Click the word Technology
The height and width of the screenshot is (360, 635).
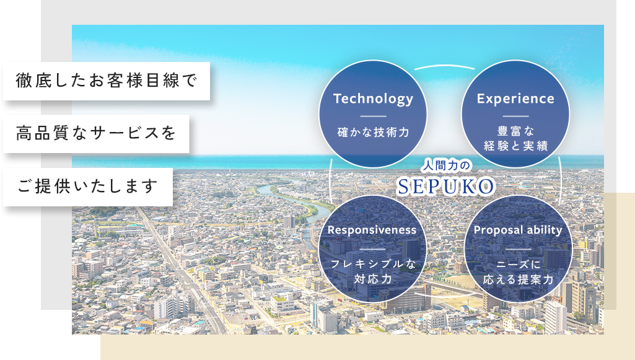click(x=373, y=99)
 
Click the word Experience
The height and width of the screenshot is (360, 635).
click(x=515, y=99)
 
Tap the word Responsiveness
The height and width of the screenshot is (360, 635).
click(x=372, y=230)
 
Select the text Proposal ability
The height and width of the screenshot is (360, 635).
click(x=518, y=230)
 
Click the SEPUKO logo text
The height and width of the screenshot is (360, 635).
click(x=446, y=187)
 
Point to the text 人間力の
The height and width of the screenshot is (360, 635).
click(x=445, y=165)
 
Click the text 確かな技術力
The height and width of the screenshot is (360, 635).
click(x=373, y=133)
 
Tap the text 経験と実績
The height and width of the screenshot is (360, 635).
click(x=515, y=146)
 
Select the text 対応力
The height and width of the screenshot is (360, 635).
click(x=372, y=279)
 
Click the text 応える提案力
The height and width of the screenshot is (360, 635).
click(x=518, y=279)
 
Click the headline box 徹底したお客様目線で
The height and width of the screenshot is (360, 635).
click(x=107, y=81)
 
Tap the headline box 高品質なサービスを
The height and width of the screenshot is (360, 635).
click(x=97, y=134)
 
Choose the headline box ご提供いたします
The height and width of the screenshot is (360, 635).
click(x=88, y=187)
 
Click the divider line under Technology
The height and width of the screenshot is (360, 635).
click(x=373, y=116)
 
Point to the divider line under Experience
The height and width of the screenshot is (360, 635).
click(x=515, y=116)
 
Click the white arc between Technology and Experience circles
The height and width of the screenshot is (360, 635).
click(x=444, y=66)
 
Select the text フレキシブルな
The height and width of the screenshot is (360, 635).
click(x=373, y=265)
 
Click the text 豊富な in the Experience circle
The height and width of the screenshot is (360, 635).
click(x=515, y=131)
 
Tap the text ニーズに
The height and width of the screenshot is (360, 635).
click(x=518, y=265)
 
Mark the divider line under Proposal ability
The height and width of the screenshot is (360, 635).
click(x=518, y=250)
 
